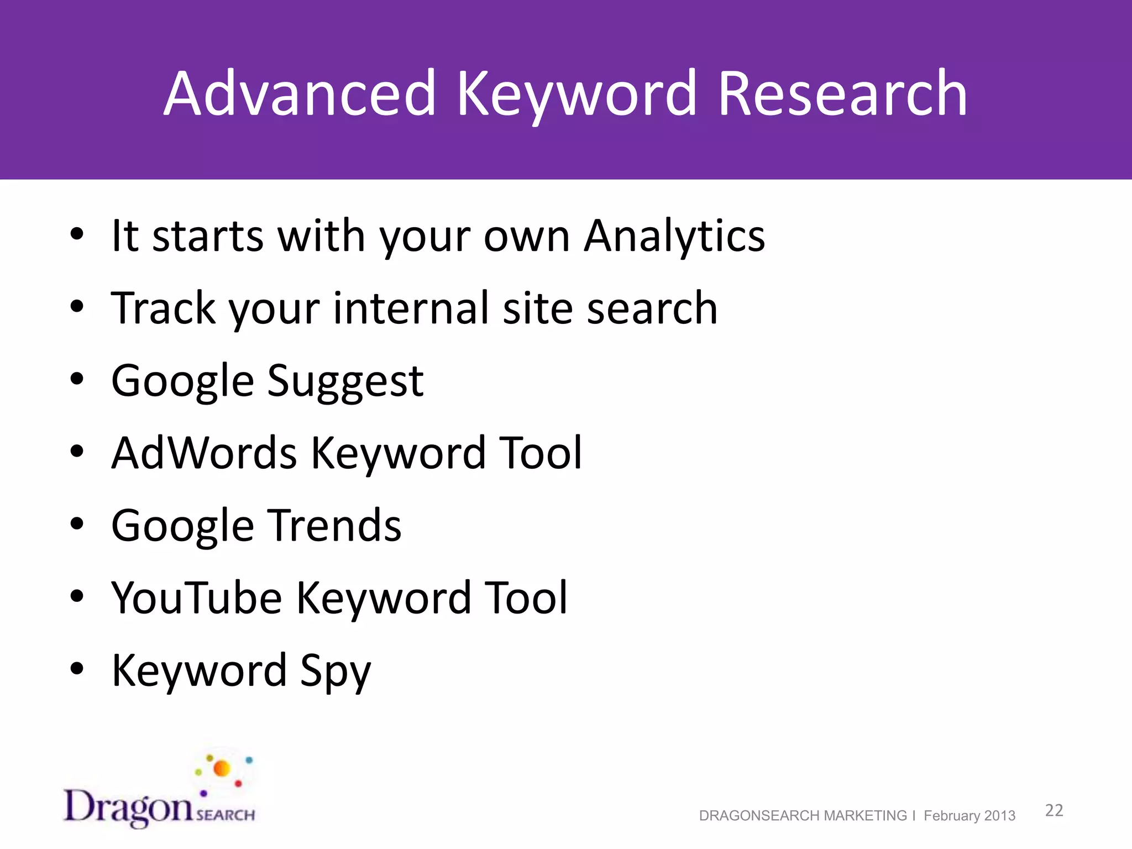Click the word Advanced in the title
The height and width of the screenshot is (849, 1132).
click(300, 94)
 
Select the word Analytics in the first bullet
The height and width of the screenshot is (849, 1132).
click(674, 237)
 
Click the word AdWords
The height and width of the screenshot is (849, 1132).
click(204, 453)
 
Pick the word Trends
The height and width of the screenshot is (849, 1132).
click(335, 526)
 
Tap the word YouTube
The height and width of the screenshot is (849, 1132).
click(196, 598)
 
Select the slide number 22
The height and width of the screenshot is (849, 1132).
click(1054, 810)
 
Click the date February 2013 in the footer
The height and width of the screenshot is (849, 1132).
click(969, 816)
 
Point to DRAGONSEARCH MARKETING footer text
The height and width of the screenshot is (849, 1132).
click(803, 816)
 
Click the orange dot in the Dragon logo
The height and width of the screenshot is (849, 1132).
click(222, 768)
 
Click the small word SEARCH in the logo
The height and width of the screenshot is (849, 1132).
click(226, 815)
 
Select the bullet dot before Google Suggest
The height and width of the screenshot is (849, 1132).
click(77, 379)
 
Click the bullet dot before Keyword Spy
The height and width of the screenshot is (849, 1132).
click(77, 669)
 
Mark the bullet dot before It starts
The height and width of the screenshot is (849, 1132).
click(77, 234)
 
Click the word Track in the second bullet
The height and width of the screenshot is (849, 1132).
click(163, 308)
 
